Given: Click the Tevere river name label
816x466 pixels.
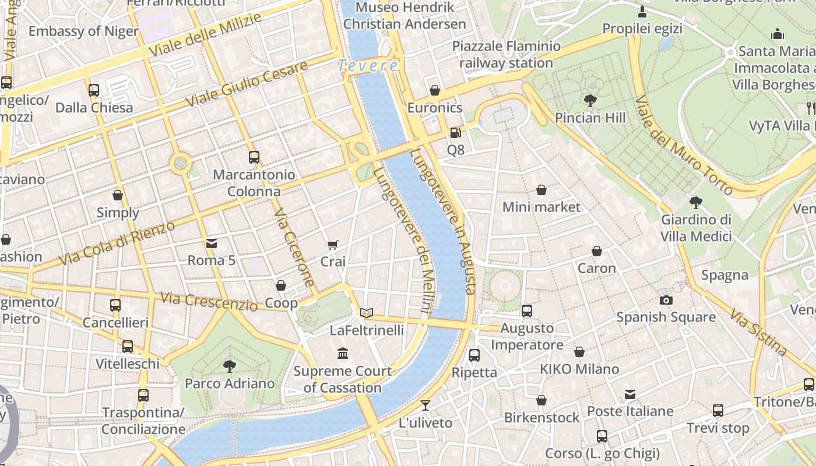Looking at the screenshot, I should coord(368,66).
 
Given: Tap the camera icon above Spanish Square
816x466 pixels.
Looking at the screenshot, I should coord(666,300).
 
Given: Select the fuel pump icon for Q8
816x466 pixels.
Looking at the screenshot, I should coord(455,133).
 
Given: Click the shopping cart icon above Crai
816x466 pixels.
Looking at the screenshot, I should coord(332,245).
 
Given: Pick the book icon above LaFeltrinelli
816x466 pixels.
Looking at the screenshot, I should coord(366,313).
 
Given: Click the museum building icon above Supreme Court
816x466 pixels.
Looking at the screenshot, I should coord(343,354).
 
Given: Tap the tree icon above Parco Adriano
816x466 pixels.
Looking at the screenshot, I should coord(230,366).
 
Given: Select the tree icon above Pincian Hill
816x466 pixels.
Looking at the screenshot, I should coord(590,101).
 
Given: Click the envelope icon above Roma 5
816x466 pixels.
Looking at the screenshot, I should coord(211,243).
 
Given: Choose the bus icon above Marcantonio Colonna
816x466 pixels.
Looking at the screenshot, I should coord(254,157).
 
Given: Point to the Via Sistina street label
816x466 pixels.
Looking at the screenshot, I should coord(758,333).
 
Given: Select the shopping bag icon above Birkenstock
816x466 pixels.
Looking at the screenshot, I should coord(541,400).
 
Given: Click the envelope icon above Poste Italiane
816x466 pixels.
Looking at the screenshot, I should coord(630,394).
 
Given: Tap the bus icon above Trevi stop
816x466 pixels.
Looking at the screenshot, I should coord(718,411).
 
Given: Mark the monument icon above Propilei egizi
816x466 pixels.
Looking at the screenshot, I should coord(642,12).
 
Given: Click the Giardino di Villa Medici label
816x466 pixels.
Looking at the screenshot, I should coord(696,228).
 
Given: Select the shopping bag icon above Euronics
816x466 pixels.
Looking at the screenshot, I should coord(434,90).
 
